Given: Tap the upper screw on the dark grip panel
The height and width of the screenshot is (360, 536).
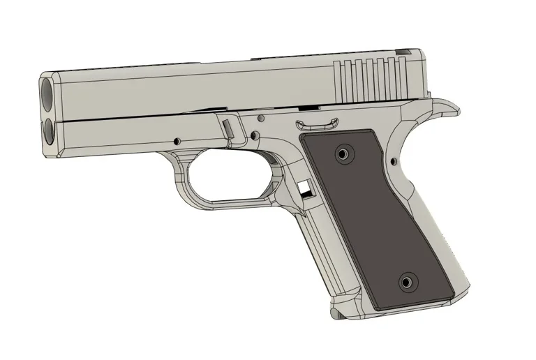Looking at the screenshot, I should (x=343, y=152).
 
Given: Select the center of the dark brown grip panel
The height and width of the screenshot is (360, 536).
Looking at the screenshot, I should (x=375, y=218).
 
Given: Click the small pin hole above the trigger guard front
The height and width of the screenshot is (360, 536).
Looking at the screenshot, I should (x=177, y=140).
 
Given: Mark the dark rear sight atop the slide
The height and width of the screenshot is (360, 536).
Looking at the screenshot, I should (x=403, y=50).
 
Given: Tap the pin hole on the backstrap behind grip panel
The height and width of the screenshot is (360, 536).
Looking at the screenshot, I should (x=394, y=163).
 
